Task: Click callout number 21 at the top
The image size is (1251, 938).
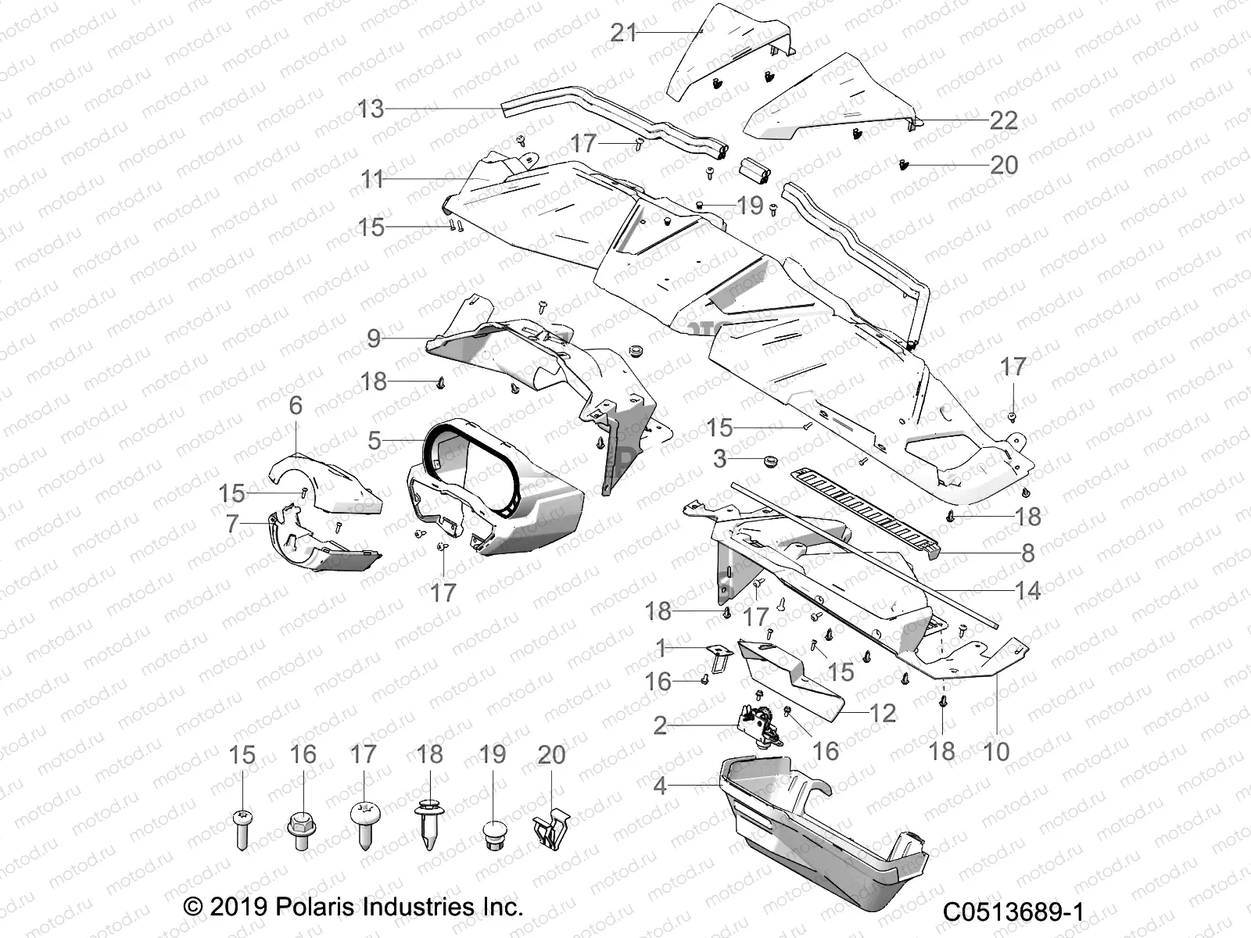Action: (x=624, y=33)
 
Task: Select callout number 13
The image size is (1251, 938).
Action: (x=371, y=109)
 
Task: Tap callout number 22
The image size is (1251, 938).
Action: (x=1003, y=120)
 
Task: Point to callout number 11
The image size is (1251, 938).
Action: (x=371, y=179)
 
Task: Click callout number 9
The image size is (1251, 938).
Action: (x=374, y=338)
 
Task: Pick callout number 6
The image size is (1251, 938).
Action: (x=296, y=405)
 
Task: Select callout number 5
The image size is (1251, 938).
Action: (x=375, y=440)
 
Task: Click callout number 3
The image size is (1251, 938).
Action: (x=720, y=458)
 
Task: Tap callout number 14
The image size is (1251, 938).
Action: (x=1027, y=590)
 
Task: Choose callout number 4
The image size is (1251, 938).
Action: (x=660, y=785)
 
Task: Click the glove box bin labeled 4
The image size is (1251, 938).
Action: (x=821, y=836)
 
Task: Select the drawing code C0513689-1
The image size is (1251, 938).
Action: (x=1013, y=912)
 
